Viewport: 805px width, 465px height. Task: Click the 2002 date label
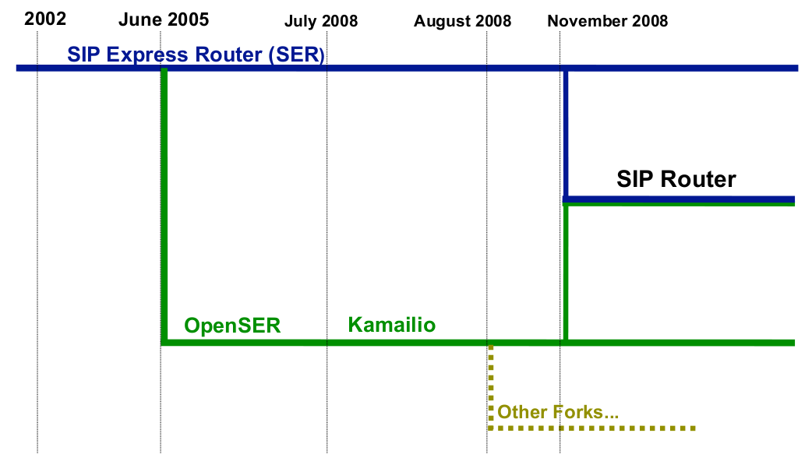pyautogui.click(x=45, y=19)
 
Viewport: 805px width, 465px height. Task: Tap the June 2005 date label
pyautogui.click(x=164, y=19)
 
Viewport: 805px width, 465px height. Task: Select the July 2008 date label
pyautogui.click(x=321, y=21)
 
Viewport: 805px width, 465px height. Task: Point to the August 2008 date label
pyautogui.click(x=463, y=21)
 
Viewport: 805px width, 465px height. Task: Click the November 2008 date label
pyautogui.click(x=607, y=21)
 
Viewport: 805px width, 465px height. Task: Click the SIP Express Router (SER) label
pyautogui.click(x=196, y=55)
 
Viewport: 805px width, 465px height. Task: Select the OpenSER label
pyautogui.click(x=232, y=326)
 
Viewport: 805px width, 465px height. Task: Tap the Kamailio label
pyautogui.click(x=392, y=325)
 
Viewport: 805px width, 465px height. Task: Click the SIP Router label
pyautogui.click(x=676, y=179)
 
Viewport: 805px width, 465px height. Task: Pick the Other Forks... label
pyautogui.click(x=558, y=412)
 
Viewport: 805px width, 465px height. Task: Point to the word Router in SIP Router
pyautogui.click(x=698, y=179)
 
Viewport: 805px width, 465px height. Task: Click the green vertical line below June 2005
pyautogui.click(x=164, y=206)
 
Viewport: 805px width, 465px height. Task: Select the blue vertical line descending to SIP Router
pyautogui.click(x=566, y=134)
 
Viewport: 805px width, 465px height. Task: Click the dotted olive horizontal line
pyautogui.click(x=591, y=428)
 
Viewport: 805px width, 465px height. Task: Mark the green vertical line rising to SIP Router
pyautogui.click(x=566, y=273)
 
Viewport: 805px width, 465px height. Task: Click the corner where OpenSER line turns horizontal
pyautogui.click(x=164, y=343)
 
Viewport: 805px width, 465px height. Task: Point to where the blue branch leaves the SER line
pyautogui.click(x=566, y=69)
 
